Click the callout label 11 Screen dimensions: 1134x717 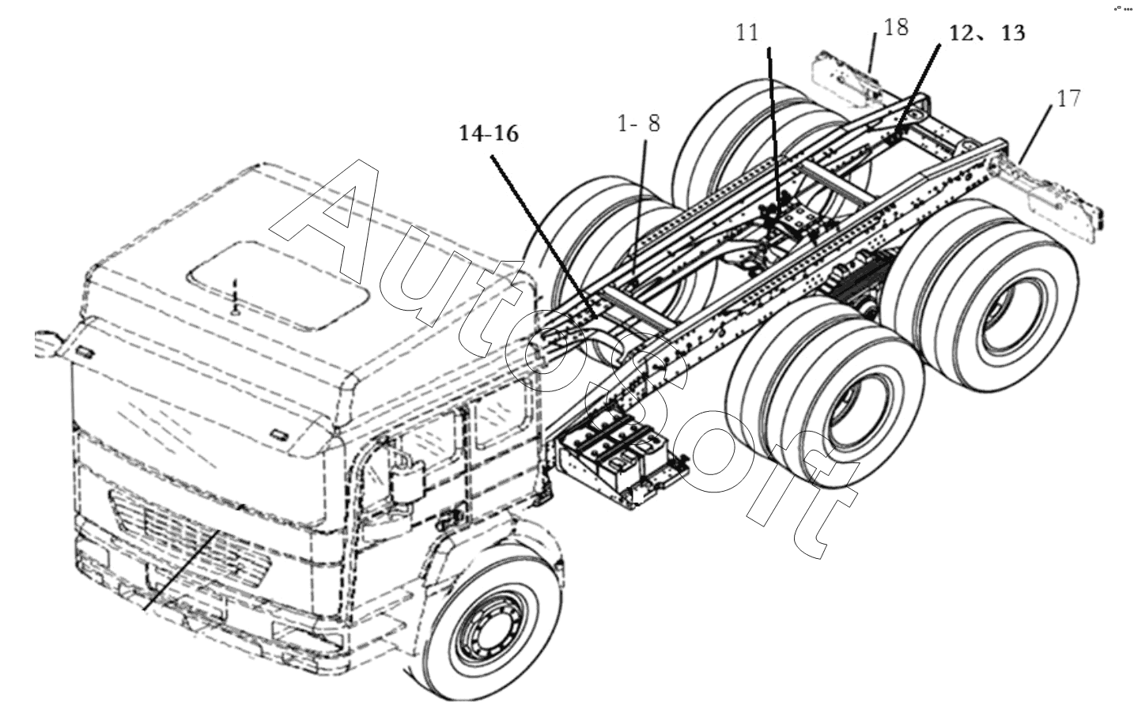[747, 33]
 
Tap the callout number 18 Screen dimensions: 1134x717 [896, 28]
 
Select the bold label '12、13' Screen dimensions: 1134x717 [987, 33]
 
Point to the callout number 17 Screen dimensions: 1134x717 [1069, 99]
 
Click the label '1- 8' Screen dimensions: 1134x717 [640, 123]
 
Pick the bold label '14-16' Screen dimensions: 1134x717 [489, 134]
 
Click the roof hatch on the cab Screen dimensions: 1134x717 [279, 286]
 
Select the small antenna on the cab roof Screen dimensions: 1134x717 [234, 299]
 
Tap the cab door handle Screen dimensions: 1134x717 [449, 518]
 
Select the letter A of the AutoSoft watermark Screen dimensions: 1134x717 [324, 223]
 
